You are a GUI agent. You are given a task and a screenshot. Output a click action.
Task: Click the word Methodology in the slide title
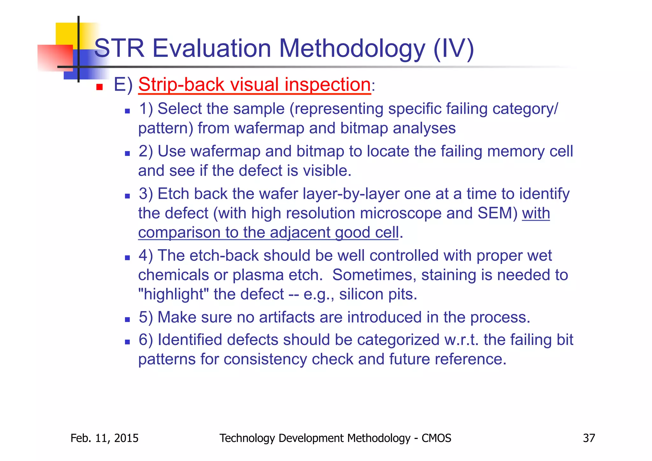coord(352,49)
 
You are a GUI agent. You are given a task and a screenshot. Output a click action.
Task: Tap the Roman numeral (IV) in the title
coord(454,49)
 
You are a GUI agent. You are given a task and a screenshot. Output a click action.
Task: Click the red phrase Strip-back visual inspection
coord(254,85)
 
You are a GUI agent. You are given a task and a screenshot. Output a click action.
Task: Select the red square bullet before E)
coord(99,87)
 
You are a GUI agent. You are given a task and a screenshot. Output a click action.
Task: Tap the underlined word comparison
coord(179,232)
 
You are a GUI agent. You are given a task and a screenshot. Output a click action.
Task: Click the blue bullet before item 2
coord(127,153)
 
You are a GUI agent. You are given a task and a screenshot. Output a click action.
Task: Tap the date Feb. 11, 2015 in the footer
coord(104,438)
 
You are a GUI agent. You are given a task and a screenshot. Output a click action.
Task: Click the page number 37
coord(589,438)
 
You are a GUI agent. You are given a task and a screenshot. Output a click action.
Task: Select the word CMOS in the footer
coord(436,438)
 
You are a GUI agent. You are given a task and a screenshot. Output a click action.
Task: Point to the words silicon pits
coord(378,294)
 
